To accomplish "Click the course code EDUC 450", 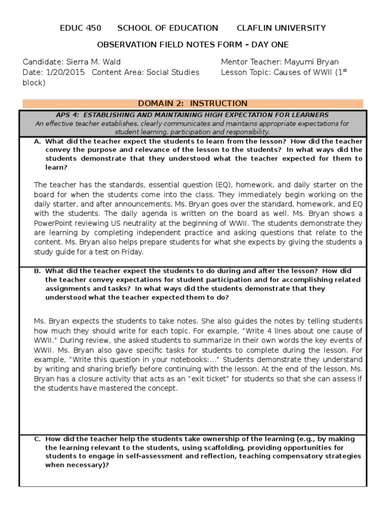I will pos(80,28).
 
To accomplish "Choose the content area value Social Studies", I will pos(172,72).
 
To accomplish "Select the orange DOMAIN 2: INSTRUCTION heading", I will pos(192,104).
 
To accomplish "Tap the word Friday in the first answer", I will pos(132,252).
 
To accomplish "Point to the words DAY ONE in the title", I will pos(268,45).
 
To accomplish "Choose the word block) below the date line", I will pos(34,83).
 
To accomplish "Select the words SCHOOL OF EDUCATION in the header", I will pos(167,28).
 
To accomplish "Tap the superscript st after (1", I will pos(344,70).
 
